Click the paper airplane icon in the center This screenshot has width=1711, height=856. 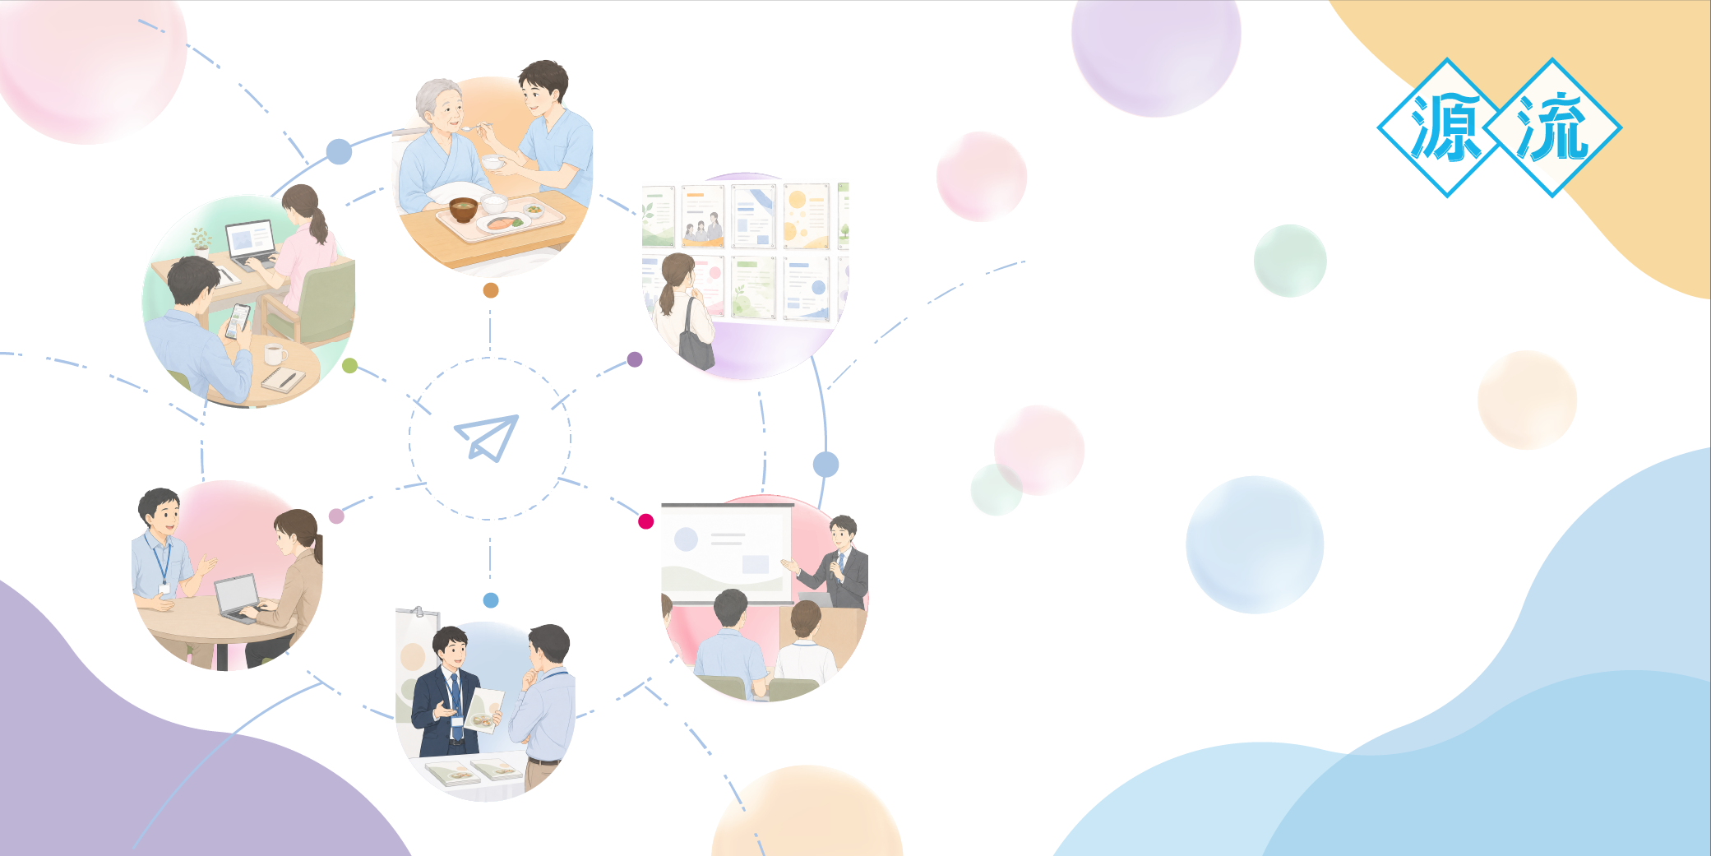[x=488, y=437]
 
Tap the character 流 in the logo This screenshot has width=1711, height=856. [x=1551, y=127]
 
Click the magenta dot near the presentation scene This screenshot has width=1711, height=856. [x=646, y=521]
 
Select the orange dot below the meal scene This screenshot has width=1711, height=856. [x=491, y=290]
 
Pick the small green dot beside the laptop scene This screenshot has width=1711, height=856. [x=349, y=366]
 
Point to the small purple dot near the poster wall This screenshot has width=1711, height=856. [x=635, y=359]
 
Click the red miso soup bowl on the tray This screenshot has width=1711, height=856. [x=463, y=211]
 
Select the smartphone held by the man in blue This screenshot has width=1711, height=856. [x=238, y=321]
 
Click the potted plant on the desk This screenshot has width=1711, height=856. [x=200, y=240]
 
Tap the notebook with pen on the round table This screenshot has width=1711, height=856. [x=283, y=380]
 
